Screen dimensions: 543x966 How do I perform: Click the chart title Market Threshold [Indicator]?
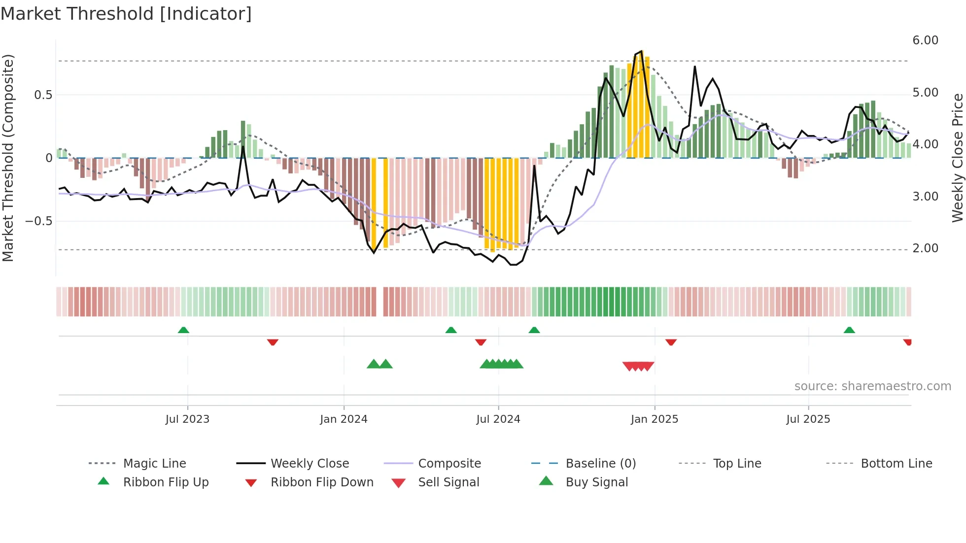pyautogui.click(x=126, y=14)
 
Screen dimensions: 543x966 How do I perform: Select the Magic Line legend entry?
pyautogui.click(x=154, y=463)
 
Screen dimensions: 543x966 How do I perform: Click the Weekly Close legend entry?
pyautogui.click(x=310, y=463)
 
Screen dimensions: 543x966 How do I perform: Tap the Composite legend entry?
pyautogui.click(x=449, y=463)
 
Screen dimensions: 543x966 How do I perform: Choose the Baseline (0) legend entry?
pyautogui.click(x=600, y=463)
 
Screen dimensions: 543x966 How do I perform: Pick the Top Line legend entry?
pyautogui.click(x=737, y=463)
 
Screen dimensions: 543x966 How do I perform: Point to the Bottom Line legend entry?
pyautogui.click(x=896, y=463)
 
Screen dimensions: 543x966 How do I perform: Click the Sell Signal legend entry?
pyautogui.click(x=448, y=482)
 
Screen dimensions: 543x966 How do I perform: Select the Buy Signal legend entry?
pyautogui.click(x=596, y=482)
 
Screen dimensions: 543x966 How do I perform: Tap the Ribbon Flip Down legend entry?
pyautogui.click(x=321, y=482)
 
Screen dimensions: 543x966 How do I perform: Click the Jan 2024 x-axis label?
pyautogui.click(x=344, y=419)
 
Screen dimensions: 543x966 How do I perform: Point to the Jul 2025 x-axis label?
pyautogui.click(x=808, y=419)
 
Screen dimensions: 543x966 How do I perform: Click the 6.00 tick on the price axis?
pyautogui.click(x=925, y=40)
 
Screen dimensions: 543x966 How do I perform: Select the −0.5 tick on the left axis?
pyautogui.click(x=38, y=221)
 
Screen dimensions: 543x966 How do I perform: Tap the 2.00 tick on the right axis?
pyautogui.click(x=925, y=248)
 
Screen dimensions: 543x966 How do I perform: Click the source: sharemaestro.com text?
pyautogui.click(x=872, y=386)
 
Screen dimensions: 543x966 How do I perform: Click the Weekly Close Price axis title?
pyautogui.click(x=957, y=158)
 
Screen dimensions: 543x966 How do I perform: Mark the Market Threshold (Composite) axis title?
pyautogui.click(x=8, y=158)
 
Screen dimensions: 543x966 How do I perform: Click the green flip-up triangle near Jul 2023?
pyautogui.click(x=183, y=330)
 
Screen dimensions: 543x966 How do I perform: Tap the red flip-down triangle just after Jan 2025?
pyautogui.click(x=671, y=342)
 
